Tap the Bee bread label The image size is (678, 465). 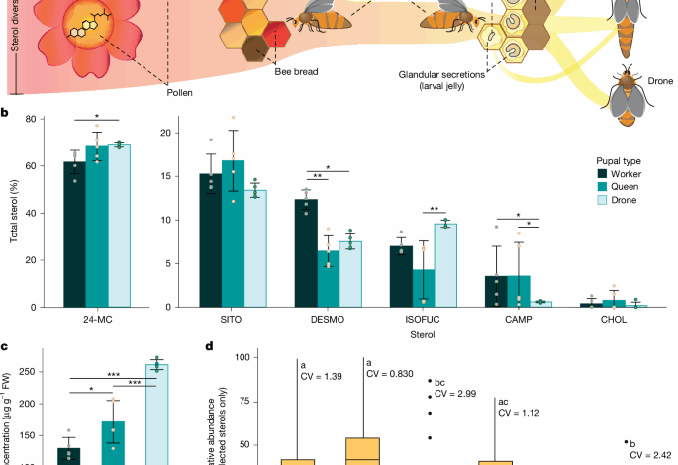tap(296, 72)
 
